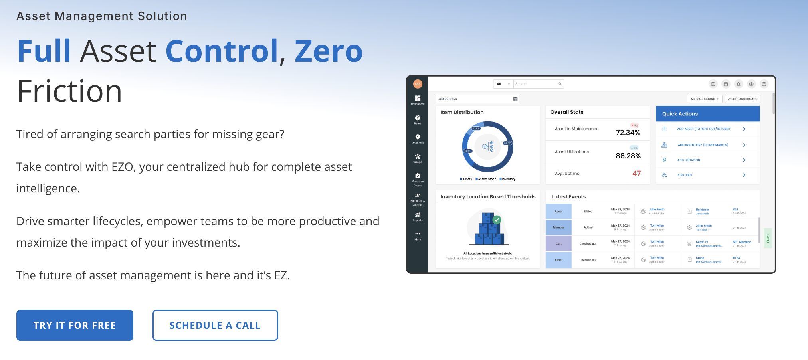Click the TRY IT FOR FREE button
click(x=75, y=325)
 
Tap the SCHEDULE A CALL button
click(x=215, y=325)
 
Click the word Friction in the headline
click(x=69, y=91)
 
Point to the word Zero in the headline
click(x=329, y=51)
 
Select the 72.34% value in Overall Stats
click(x=628, y=133)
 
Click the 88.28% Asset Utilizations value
click(x=628, y=156)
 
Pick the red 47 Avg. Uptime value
click(x=636, y=174)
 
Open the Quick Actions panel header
click(x=707, y=114)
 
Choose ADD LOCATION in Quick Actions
click(x=689, y=160)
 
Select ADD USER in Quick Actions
click(x=685, y=175)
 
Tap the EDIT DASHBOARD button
click(x=743, y=99)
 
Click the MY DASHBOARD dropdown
click(x=704, y=99)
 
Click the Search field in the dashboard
click(x=537, y=84)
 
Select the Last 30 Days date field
click(x=477, y=99)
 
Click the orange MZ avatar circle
click(x=418, y=84)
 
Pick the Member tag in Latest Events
click(x=558, y=227)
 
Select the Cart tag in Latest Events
click(x=558, y=244)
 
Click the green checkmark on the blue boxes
click(x=497, y=220)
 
